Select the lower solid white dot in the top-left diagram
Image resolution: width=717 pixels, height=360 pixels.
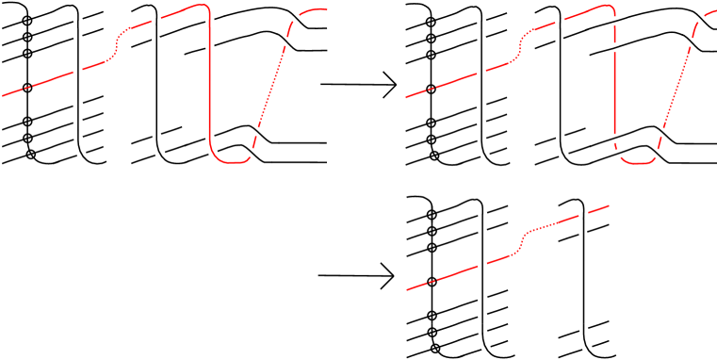pos(239,46)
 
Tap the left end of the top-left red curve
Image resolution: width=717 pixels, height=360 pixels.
pos(4,95)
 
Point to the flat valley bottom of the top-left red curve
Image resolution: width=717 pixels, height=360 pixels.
pos(233,161)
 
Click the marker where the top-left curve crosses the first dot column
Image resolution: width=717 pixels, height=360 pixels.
pos(78,71)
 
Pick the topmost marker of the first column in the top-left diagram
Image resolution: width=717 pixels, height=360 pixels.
pos(78,20)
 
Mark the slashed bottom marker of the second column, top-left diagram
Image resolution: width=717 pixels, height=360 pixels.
pos(159,153)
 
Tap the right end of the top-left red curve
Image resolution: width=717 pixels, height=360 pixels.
pos(325,9)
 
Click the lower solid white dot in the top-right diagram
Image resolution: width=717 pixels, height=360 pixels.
pos(644,47)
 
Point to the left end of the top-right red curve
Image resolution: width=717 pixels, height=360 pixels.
pos(407,97)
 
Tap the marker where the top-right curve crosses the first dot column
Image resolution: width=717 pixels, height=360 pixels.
pos(482,73)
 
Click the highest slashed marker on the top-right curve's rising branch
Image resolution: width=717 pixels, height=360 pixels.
pos(700,18)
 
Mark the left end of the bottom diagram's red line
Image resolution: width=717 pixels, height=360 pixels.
pos(408,289)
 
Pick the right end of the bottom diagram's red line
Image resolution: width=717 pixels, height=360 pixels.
pos(608,205)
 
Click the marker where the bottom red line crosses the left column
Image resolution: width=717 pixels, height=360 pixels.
pos(482,265)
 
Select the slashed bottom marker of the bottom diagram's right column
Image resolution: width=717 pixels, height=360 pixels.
pos(586,347)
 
